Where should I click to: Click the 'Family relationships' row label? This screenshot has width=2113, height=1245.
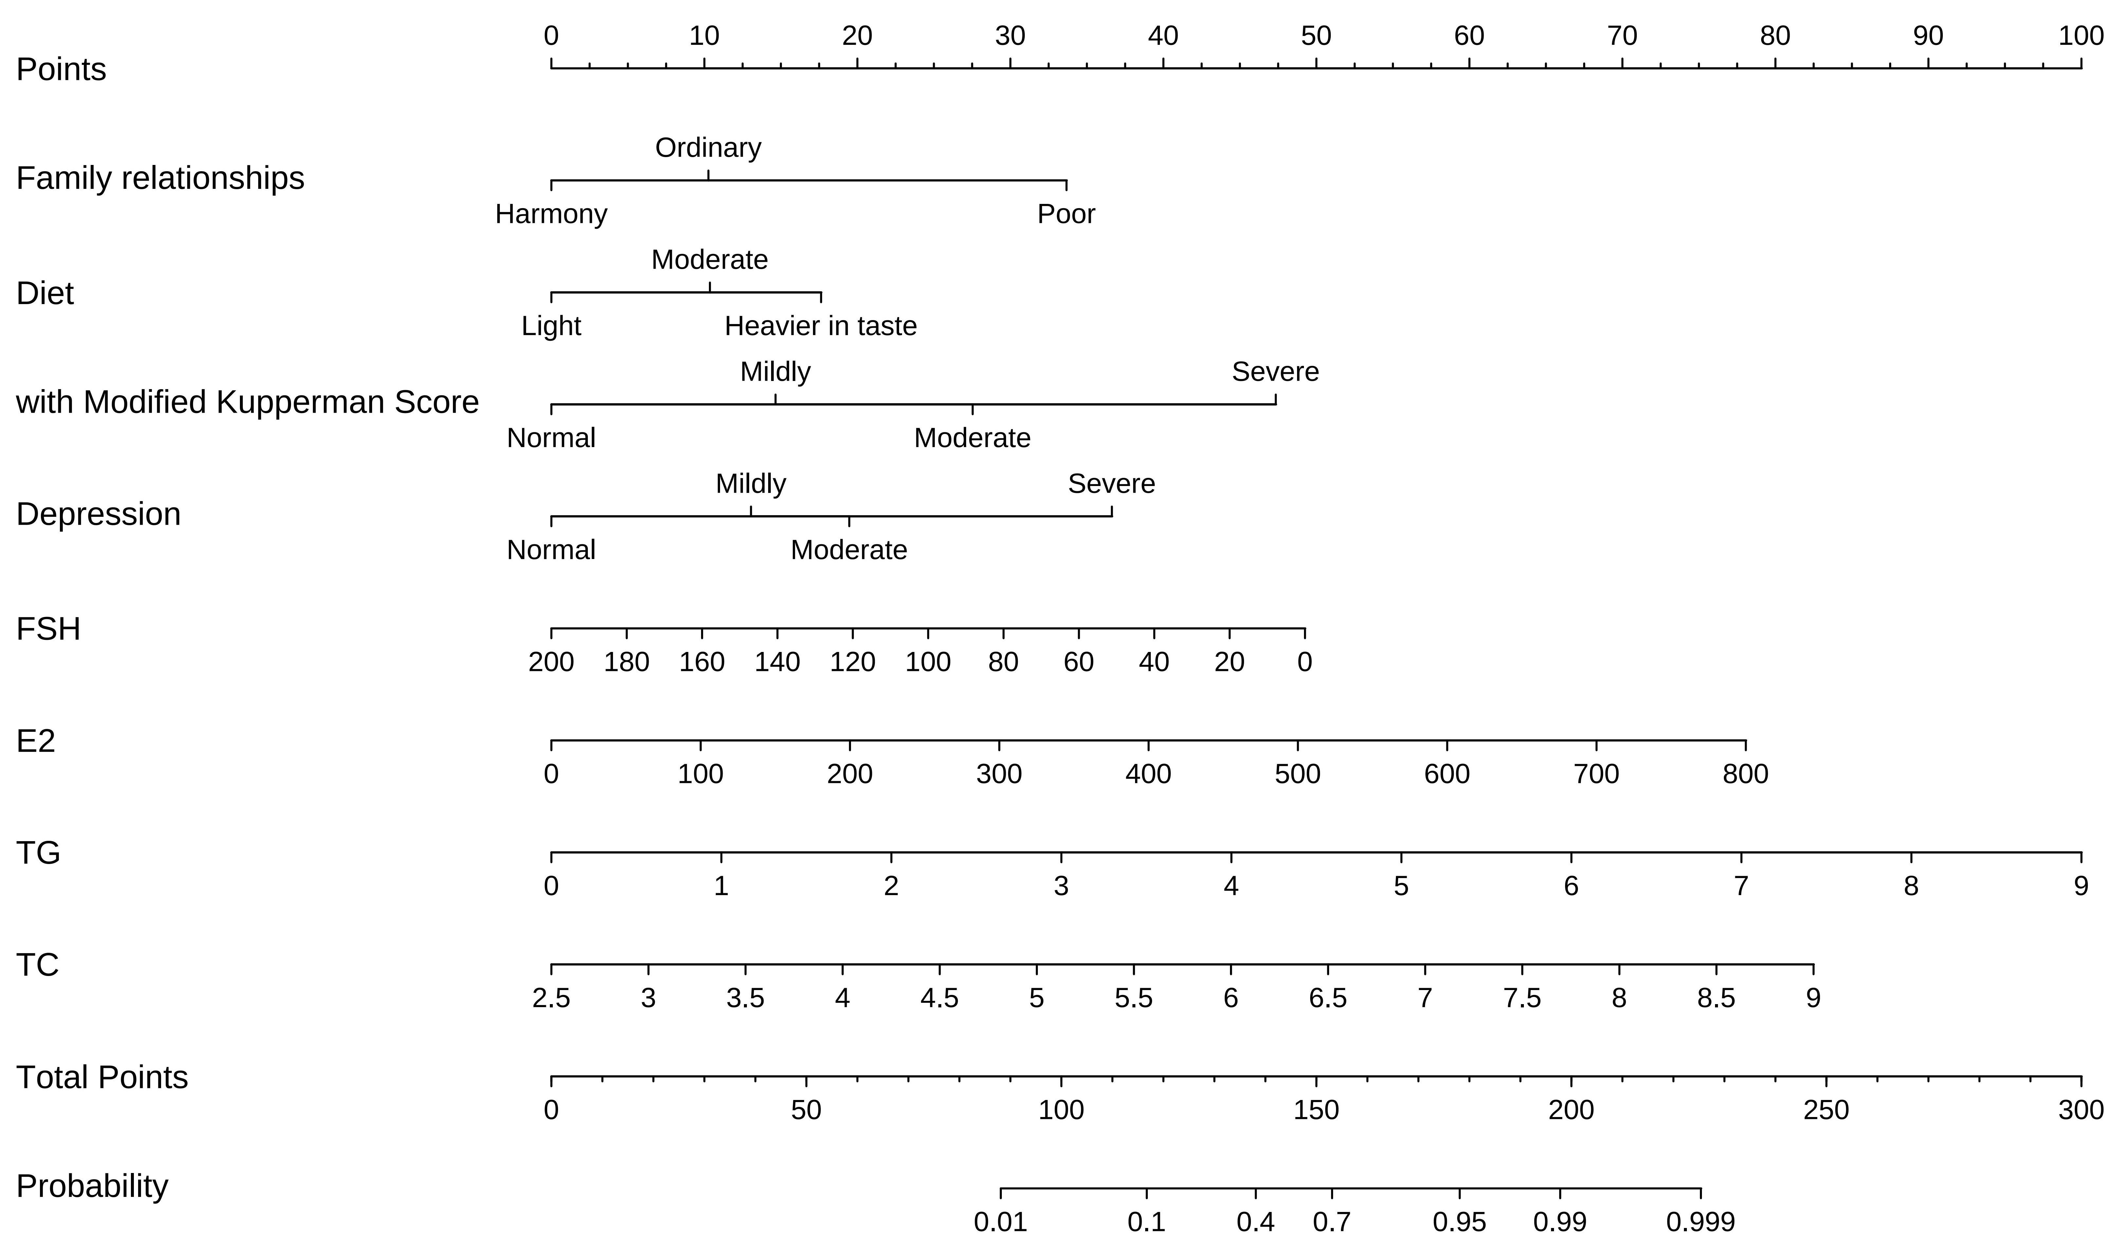(x=160, y=179)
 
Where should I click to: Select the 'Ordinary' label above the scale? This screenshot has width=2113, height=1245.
(x=708, y=148)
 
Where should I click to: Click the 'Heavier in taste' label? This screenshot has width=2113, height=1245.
(x=821, y=326)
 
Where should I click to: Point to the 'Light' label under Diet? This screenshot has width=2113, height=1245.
(x=551, y=326)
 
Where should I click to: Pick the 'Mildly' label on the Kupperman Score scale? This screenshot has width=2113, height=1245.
(x=775, y=372)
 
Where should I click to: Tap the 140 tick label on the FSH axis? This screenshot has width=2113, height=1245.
(x=777, y=663)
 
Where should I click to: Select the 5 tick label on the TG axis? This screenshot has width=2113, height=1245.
(x=1401, y=887)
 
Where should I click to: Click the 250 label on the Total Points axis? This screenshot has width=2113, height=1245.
(x=1826, y=1111)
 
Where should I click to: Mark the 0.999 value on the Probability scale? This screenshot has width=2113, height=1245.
(x=1700, y=1222)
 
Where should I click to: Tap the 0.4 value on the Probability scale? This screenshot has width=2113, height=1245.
(x=1256, y=1222)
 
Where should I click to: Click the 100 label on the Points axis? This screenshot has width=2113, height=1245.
(x=2080, y=36)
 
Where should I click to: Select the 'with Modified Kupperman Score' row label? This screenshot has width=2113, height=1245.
(x=247, y=403)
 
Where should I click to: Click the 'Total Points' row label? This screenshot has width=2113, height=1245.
(x=102, y=1078)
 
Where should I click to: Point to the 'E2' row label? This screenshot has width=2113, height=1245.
(x=36, y=742)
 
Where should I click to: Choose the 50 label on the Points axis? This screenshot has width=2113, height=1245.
(x=1316, y=36)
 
